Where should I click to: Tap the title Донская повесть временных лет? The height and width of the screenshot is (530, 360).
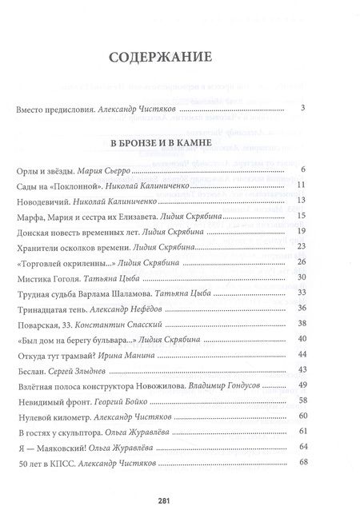click(71, 233)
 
